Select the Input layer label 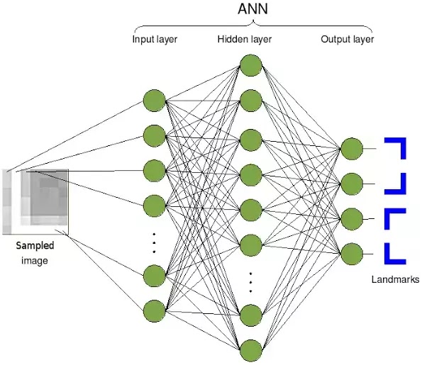[x=155, y=38]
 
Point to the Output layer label [x=347, y=38]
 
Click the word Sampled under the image [x=35, y=246]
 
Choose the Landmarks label [x=395, y=279]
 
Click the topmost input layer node [x=154, y=100]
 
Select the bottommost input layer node [x=154, y=310]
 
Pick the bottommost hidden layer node [x=250, y=349]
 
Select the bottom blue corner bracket [x=394, y=253]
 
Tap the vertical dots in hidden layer [x=250, y=281]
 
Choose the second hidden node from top [x=250, y=100]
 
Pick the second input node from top [x=154, y=135]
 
